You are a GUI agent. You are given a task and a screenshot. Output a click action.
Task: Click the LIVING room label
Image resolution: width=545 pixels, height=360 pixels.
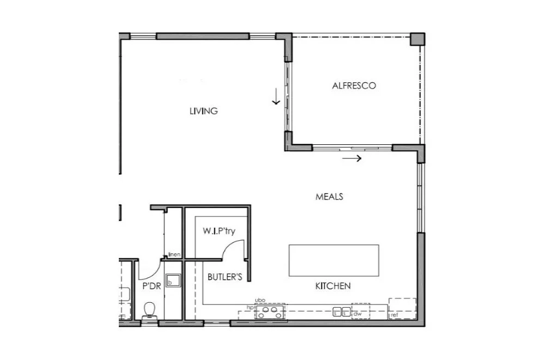point(203,111)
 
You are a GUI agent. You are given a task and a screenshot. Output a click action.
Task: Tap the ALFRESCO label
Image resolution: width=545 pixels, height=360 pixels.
point(354,86)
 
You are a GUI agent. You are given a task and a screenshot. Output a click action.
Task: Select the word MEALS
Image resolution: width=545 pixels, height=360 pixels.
point(329,197)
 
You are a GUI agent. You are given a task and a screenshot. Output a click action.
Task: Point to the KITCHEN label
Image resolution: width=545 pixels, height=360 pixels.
point(332,286)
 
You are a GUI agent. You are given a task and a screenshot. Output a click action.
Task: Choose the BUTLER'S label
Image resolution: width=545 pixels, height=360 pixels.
point(225,277)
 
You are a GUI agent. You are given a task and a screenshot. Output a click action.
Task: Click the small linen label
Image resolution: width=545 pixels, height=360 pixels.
point(174,254)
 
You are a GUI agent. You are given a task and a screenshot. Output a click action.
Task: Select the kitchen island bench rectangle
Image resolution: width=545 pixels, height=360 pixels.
point(334,260)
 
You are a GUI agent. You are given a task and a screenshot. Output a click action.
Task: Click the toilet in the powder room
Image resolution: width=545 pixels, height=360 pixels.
point(149,311)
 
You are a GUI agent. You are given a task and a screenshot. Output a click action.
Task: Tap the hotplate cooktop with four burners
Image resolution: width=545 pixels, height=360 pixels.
point(270,312)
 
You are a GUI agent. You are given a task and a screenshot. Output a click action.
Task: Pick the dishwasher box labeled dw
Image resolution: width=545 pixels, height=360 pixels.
point(360,312)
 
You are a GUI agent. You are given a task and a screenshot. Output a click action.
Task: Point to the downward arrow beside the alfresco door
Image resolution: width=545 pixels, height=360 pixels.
point(276,96)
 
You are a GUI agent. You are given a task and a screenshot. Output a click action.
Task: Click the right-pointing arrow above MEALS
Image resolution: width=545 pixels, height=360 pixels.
point(352,158)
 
